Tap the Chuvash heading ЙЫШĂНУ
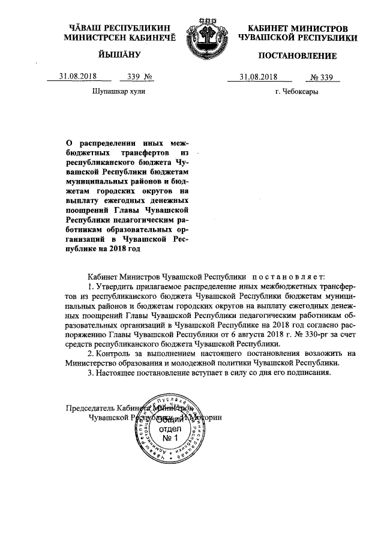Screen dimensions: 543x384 [118, 56]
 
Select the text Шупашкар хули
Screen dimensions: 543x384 [118, 92]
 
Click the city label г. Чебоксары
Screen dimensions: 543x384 [296, 92]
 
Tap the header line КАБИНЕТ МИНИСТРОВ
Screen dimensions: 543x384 [298, 28]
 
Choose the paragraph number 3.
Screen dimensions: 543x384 [90, 373]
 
